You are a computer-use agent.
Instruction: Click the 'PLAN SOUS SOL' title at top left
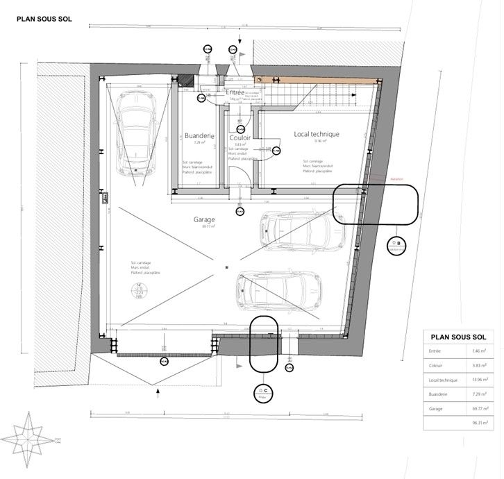click(44, 20)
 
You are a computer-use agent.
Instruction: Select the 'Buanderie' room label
click(199, 136)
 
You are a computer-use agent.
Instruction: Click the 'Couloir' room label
click(240, 137)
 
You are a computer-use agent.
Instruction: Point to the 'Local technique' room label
click(316, 134)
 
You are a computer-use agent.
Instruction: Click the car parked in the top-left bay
click(135, 133)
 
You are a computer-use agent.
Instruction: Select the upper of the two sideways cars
click(301, 230)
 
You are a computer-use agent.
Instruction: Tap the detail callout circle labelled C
click(264, 394)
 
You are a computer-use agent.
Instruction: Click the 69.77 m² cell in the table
click(479, 410)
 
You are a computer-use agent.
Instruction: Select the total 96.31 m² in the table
click(479, 422)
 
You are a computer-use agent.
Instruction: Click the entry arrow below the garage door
click(159, 394)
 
